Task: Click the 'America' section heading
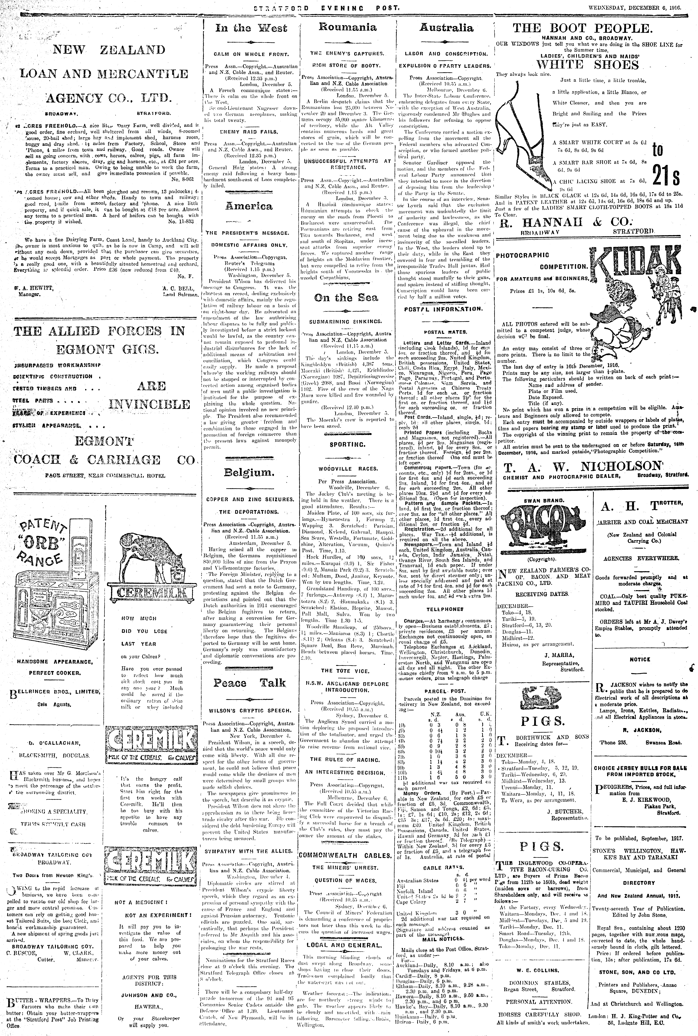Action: tap(248, 206)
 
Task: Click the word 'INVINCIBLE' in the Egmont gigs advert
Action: tap(149, 404)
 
